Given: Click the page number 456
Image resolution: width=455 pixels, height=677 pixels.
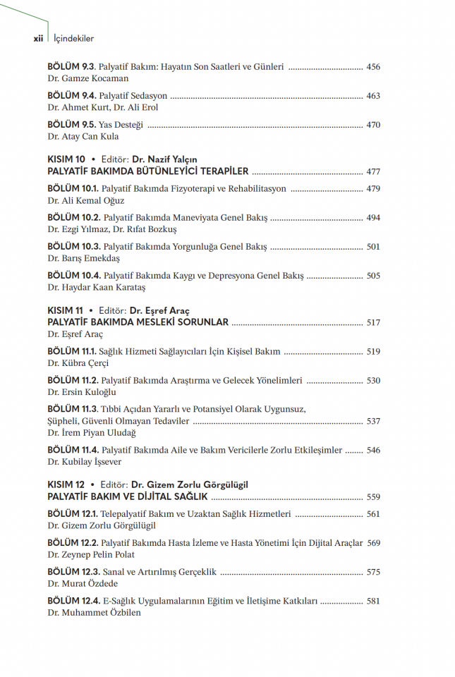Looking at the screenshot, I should point(373,67).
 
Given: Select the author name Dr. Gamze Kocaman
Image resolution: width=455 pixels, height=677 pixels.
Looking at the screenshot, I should point(88,78).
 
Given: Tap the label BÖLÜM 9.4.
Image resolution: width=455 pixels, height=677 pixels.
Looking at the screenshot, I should point(72,96).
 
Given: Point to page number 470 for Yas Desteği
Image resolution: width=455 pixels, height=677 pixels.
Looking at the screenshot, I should point(373,125).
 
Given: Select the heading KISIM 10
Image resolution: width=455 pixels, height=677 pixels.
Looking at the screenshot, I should point(66,159).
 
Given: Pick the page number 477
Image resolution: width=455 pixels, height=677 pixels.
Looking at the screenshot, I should point(373,171).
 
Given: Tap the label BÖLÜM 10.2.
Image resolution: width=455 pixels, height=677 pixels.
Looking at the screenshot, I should point(74,218).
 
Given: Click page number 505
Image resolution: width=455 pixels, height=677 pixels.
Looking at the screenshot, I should point(373,276).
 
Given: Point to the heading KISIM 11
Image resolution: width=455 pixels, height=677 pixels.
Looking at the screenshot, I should point(66,310).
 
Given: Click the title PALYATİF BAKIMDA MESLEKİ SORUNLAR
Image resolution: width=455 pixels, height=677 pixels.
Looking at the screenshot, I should point(138,322).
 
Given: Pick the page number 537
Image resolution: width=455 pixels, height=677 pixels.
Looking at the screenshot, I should point(373,421).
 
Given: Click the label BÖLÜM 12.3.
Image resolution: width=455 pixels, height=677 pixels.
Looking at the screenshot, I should point(74,572).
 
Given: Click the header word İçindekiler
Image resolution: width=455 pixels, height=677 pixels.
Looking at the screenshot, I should point(74,39).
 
